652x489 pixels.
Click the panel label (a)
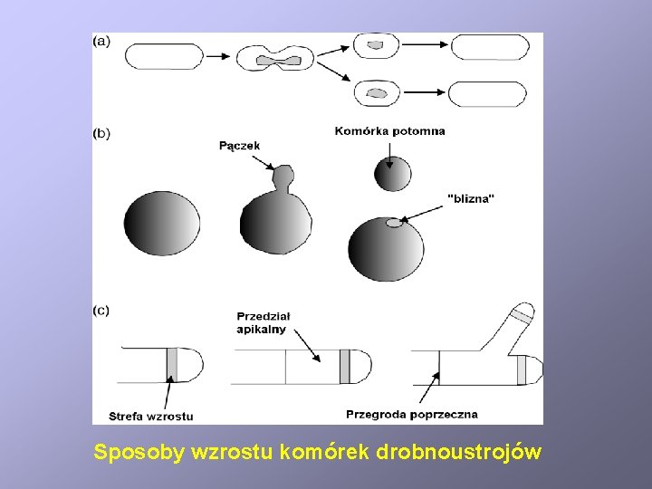coord(102,41)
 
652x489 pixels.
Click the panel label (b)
coord(102,133)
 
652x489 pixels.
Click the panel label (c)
coord(102,310)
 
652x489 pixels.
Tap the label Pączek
coord(239,145)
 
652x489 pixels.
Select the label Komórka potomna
coord(389,130)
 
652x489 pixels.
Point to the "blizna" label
coord(472,198)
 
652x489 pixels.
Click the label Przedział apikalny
coord(263,322)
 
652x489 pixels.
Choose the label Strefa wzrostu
coord(150,416)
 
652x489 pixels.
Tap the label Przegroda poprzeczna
coord(411,414)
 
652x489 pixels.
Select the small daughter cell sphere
coord(392,174)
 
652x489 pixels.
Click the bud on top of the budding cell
coord(283,177)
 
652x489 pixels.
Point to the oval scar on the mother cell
coord(393,223)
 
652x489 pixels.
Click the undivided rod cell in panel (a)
coord(164,57)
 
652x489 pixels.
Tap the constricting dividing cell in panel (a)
coord(278,60)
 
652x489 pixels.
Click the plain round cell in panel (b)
coord(162,224)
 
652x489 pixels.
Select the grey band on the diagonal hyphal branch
coord(521,317)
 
